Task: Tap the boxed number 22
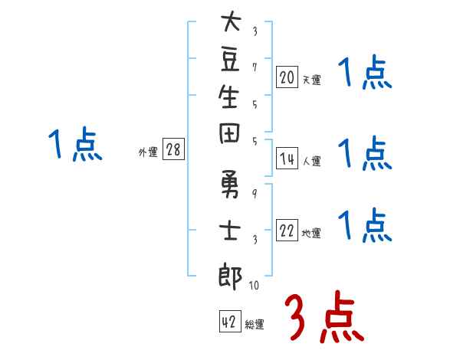(287, 231)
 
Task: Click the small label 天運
(311, 79)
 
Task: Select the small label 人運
(311, 161)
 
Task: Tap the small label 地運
(311, 234)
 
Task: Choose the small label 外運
(148, 152)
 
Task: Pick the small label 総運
(254, 325)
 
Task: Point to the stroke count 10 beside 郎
(254, 286)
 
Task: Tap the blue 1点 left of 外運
(75, 144)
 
